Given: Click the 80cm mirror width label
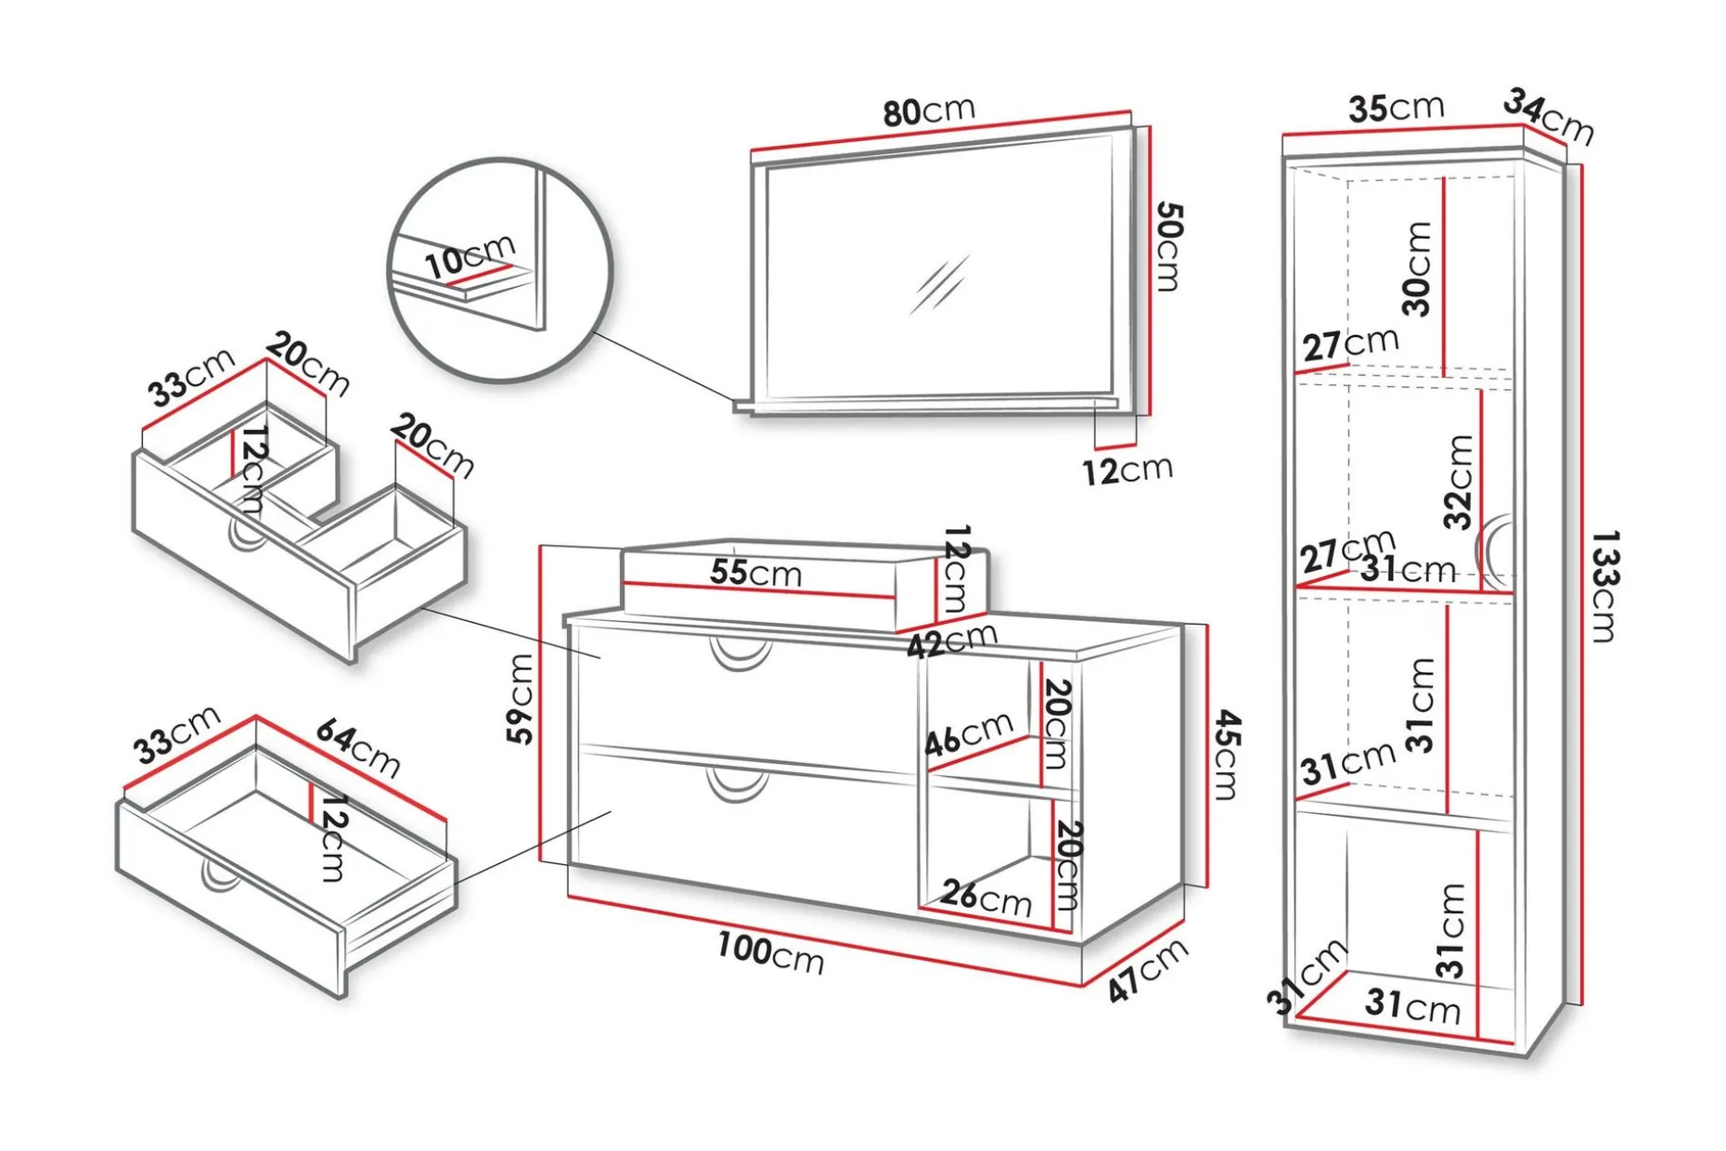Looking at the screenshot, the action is (929, 110).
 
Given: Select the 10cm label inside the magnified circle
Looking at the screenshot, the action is (469, 255).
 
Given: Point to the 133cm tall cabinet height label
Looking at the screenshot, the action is (1604, 586).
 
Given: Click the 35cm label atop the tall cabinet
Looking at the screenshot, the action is (1396, 108).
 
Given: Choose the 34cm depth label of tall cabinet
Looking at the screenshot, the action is (1548, 116).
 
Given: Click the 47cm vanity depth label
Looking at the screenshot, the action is (1147, 969).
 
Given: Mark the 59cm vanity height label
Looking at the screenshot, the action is (521, 699).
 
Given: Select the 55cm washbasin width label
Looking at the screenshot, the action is (755, 572).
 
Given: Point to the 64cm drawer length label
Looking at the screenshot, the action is (358, 747).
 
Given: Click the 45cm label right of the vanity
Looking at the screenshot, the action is (1227, 755).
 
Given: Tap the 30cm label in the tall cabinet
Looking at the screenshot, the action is (1418, 269).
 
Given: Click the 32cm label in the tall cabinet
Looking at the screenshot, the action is (1459, 482).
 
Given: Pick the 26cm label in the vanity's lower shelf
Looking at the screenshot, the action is (985, 897).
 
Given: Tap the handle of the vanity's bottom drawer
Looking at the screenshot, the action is (738, 784).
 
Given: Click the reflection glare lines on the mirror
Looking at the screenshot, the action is (939, 284).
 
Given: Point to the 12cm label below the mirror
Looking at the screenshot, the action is (1127, 470).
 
